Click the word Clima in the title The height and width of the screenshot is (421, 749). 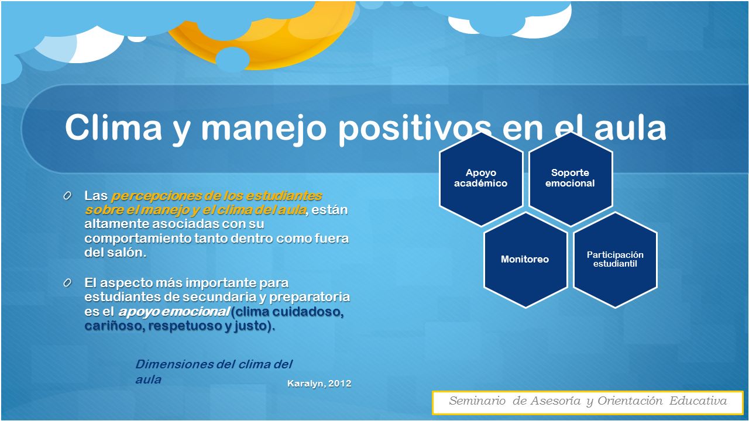coord(114,127)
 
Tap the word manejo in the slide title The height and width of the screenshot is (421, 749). coord(263,130)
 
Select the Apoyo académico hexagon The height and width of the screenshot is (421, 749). coord(481,179)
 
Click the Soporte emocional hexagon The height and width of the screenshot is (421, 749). coord(570,179)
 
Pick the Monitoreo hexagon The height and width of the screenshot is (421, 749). coord(525,260)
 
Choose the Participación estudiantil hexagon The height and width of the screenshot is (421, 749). coord(615,260)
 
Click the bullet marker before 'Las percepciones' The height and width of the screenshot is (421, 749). coord(67,196)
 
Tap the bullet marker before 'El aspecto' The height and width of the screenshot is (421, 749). coord(67,283)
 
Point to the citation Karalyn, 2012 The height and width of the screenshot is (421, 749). coord(319,384)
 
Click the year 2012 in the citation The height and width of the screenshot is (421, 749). coord(340,383)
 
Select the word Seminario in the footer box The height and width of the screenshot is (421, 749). coord(477,401)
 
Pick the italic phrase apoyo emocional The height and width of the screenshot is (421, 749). coord(174,312)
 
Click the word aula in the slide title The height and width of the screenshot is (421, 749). coord(630,127)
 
